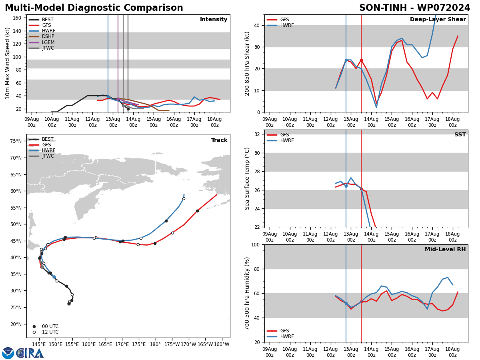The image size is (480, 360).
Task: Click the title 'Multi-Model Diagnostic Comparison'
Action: click(94, 8)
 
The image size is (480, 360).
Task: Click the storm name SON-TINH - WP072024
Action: click(414, 8)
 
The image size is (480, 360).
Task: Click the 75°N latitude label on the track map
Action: click(16, 141)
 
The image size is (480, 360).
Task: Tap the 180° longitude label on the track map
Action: click(156, 344)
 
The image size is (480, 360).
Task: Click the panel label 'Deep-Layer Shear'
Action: click(438, 19)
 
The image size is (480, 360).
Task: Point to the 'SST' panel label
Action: click(460, 134)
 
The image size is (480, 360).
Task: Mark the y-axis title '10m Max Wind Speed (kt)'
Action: click(7, 63)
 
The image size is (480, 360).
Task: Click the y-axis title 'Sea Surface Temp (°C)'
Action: click(247, 178)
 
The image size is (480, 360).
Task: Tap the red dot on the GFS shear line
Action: click(361, 60)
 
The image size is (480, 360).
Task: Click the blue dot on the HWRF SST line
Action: click(346, 186)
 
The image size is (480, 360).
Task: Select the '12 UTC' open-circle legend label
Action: click(50, 332)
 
